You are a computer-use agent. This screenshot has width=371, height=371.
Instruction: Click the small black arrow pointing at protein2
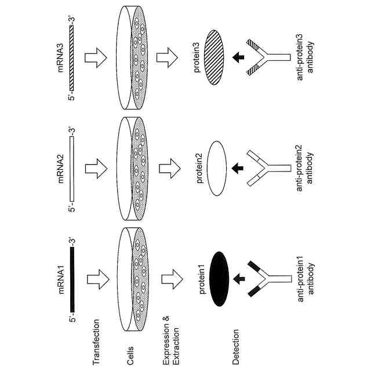point(238,168)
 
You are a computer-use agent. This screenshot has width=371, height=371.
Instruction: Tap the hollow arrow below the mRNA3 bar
point(94,57)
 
